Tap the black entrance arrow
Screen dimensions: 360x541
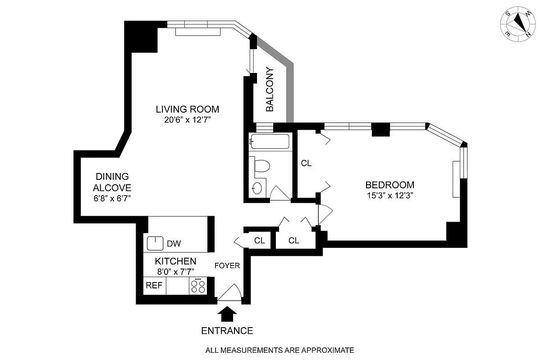tap(227, 314)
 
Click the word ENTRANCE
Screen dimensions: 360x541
tap(227, 331)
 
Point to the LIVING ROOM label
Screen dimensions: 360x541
tap(187, 109)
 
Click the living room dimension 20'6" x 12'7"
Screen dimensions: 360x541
tap(187, 120)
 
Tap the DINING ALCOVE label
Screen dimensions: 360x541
tap(112, 182)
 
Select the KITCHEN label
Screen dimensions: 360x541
tap(175, 261)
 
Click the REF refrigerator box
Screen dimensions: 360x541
tap(154, 286)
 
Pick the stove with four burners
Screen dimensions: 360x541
tap(198, 286)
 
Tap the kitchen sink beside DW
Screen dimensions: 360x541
tap(155, 243)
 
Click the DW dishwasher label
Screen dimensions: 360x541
tap(174, 244)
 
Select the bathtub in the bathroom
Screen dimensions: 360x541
tap(270, 142)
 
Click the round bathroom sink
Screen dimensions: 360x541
tap(257, 188)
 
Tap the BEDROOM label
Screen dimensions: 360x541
tap(390, 185)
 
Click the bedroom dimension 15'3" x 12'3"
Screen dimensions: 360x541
tap(390, 196)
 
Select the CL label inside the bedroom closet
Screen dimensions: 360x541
tap(306, 164)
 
